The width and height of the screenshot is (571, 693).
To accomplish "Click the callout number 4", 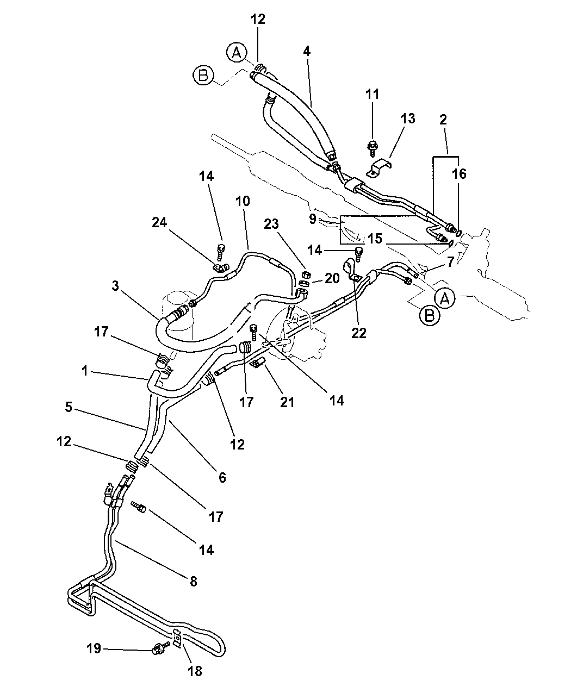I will [307, 51].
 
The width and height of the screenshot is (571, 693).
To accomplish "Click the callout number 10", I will [243, 201].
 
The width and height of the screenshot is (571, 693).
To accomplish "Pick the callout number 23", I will [287, 222].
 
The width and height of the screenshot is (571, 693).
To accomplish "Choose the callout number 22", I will [359, 333].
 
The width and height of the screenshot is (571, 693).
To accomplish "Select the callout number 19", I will [94, 648].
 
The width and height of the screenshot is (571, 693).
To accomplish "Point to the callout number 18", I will [194, 671].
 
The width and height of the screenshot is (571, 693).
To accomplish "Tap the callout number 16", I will [459, 174].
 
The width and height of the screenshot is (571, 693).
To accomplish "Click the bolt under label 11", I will [373, 146].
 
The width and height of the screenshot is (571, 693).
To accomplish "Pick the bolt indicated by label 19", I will [159, 648].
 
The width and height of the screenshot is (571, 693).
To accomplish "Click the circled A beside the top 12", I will [235, 52].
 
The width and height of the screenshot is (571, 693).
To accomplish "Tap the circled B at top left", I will [203, 76].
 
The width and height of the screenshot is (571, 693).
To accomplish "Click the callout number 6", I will [222, 477].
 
